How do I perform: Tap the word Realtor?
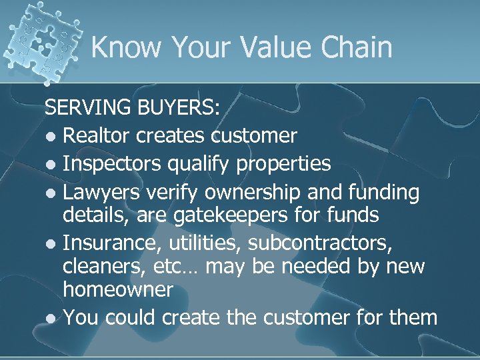pyautogui.click(x=97, y=136)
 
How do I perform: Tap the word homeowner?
pyautogui.click(x=118, y=290)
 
